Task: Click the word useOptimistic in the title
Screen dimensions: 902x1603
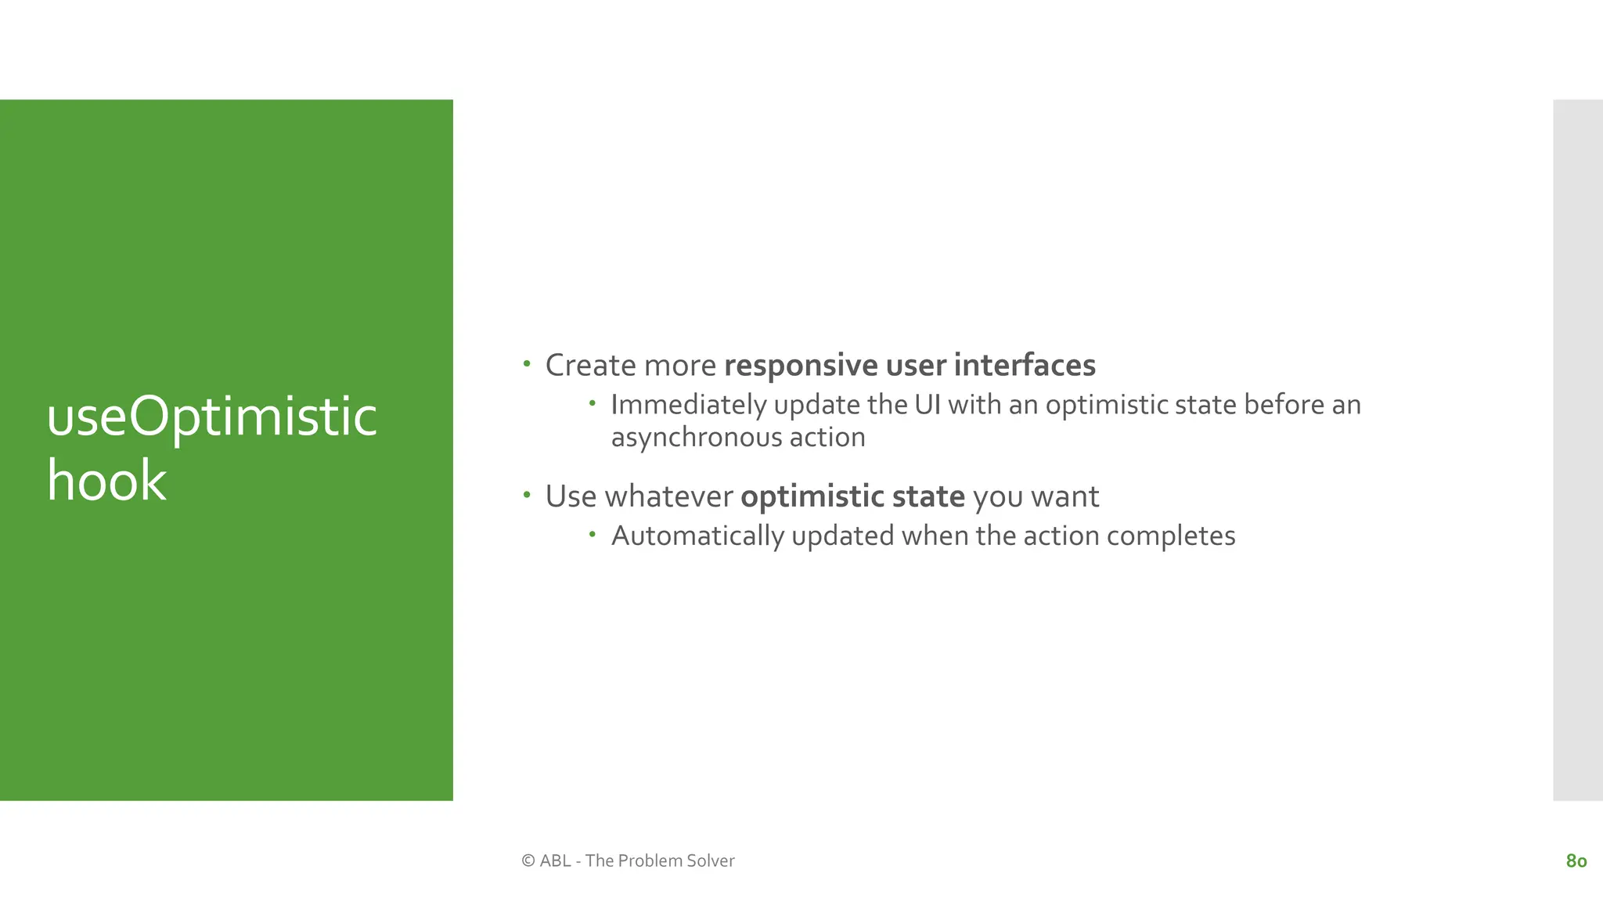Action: (211, 417)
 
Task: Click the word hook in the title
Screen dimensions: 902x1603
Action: (106, 481)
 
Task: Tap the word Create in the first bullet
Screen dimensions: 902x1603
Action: (591, 366)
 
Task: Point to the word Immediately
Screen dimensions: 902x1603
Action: (688, 405)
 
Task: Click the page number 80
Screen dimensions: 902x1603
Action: (1576, 861)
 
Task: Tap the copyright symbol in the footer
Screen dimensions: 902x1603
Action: (528, 861)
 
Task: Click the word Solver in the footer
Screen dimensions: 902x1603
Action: (711, 861)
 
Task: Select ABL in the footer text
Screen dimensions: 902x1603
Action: (555, 861)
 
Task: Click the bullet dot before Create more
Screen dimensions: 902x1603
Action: (527, 364)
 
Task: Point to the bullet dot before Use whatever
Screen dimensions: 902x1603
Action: (527, 495)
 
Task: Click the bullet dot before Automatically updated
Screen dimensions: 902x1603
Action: (593, 535)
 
